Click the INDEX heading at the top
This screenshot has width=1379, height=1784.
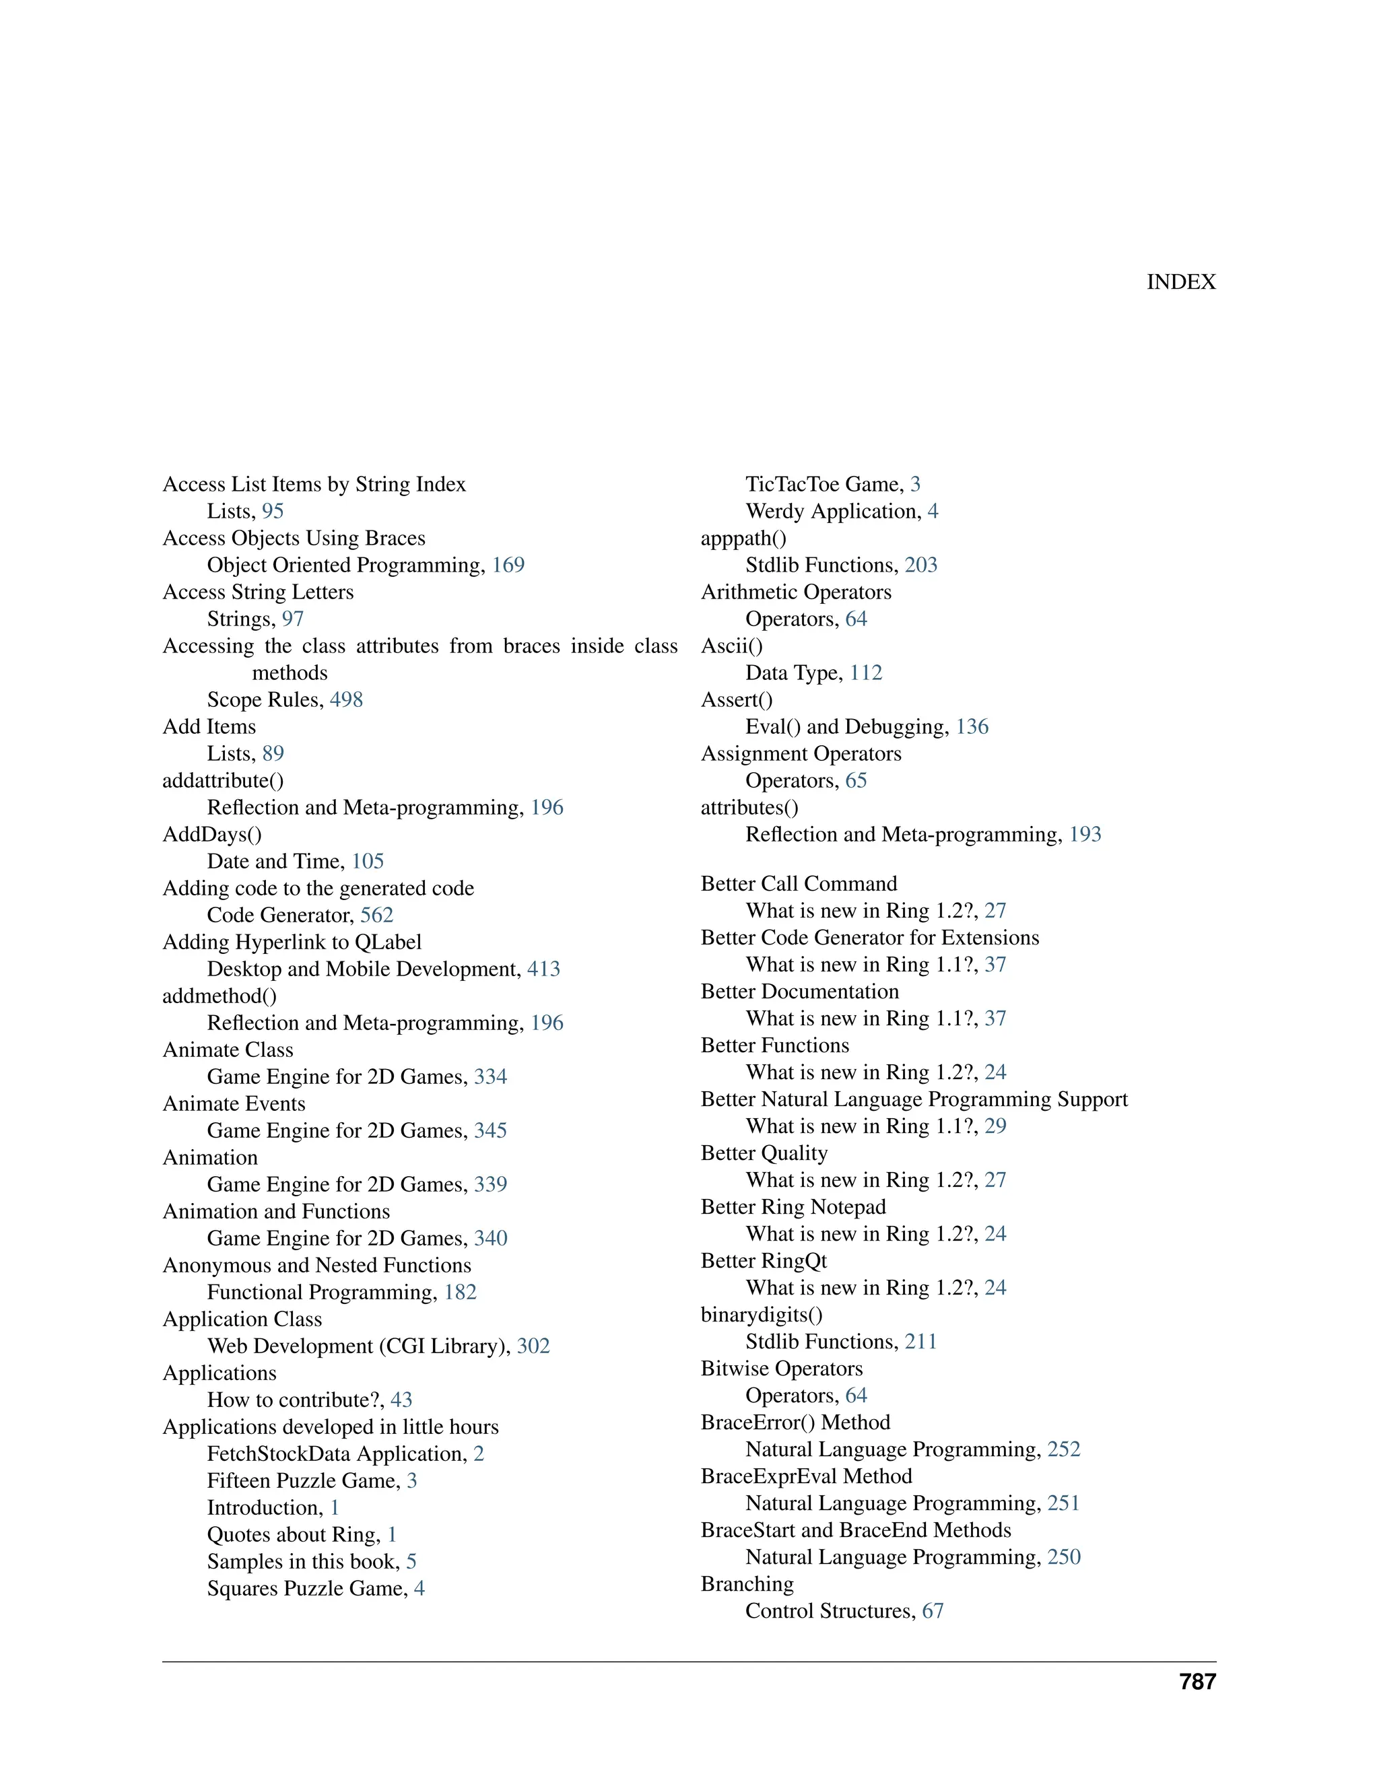1180,282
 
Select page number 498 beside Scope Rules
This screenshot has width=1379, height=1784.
346,700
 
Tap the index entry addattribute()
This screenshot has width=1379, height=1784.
223,781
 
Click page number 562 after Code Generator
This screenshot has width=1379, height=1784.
376,915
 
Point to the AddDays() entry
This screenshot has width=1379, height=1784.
212,835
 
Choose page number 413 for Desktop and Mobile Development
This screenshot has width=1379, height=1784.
543,969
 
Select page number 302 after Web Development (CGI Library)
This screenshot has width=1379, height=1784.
533,1346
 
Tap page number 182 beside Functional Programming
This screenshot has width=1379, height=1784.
460,1293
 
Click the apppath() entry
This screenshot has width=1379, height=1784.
743,539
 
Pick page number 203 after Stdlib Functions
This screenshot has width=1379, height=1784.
920,565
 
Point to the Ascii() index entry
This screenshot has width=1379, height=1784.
732,646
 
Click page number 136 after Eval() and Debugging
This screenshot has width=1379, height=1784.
972,727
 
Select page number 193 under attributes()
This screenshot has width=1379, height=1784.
1085,835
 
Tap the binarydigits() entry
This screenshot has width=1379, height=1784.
762,1315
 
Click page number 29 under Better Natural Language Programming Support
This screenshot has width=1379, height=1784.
995,1126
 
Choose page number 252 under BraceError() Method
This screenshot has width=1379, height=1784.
1064,1450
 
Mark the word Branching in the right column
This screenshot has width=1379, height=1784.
747,1585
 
